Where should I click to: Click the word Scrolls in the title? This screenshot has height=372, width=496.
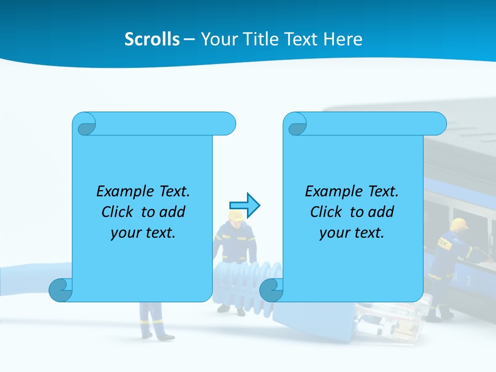(x=152, y=39)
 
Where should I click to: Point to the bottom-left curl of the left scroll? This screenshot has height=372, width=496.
(x=60, y=290)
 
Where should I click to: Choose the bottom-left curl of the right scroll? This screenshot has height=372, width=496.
(x=271, y=290)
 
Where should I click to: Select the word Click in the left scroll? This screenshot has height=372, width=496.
(x=117, y=212)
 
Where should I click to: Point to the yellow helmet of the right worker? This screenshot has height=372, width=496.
(x=459, y=224)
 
